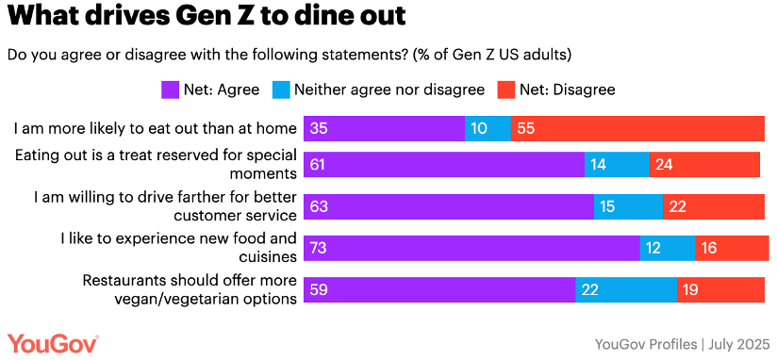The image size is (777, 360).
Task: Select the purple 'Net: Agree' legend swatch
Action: coord(170,90)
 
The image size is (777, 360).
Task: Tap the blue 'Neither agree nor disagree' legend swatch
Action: coord(280,90)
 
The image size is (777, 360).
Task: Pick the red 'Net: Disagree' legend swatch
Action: coord(505,90)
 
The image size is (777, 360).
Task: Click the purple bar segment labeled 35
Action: coord(383,128)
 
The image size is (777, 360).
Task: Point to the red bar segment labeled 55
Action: coord(637,128)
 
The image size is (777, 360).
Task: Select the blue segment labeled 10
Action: coord(488,128)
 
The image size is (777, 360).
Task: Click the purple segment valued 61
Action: coord(442,164)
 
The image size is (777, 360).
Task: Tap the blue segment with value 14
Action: coord(617,164)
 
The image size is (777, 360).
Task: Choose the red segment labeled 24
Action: coord(704,164)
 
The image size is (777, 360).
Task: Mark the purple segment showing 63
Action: coord(447,206)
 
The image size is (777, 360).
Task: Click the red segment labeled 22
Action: coord(714,206)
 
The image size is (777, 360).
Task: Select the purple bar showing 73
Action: coord(471,248)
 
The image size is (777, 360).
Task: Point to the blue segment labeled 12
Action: coord(668,248)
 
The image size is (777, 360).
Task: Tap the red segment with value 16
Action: coord(732,248)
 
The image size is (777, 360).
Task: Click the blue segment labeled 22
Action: coord(626,290)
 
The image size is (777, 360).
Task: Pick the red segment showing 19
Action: coord(720,290)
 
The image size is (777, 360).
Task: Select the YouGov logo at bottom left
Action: coord(53,342)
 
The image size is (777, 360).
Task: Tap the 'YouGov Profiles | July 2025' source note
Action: coord(681,343)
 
